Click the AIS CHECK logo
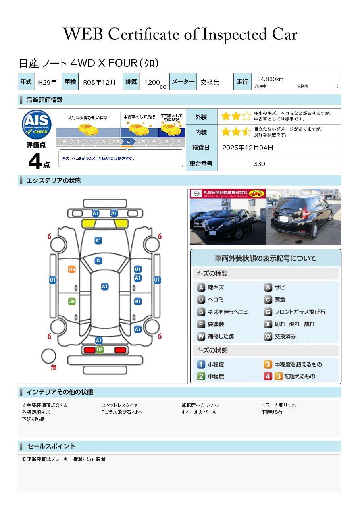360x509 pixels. point(37,124)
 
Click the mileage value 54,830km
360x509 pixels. point(270,79)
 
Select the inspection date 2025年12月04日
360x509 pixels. point(248,148)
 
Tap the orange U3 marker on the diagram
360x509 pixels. point(72,269)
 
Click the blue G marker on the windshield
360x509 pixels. point(98,261)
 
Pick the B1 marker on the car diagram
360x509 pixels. point(138,301)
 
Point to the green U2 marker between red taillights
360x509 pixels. point(100,350)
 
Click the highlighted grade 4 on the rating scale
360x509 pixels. point(128,142)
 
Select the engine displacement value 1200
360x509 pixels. point(152,82)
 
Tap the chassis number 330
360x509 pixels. point(259,164)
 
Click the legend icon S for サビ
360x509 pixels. point(268,287)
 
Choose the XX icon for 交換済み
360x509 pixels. point(268,336)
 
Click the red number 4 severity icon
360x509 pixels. point(268,376)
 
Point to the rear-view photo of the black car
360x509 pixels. point(304,217)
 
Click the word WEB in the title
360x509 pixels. point(83,34)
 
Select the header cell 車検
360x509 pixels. point(70,81)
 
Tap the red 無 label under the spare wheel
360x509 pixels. point(54,367)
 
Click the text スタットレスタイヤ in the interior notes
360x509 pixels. point(120,405)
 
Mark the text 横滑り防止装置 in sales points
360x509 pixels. point(89,459)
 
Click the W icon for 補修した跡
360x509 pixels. point(201,336)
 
